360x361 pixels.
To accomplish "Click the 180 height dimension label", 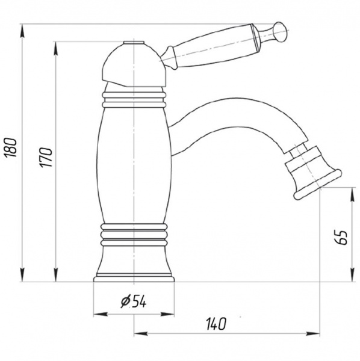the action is pyautogui.click(x=11, y=147).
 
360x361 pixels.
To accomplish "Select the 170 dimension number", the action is pyautogui.click(x=46, y=158).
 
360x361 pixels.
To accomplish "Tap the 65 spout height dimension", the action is pyautogui.click(x=341, y=237).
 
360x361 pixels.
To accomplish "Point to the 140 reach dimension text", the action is pyautogui.click(x=216, y=324).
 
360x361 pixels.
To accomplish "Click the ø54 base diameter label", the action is pyautogui.click(x=134, y=301).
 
